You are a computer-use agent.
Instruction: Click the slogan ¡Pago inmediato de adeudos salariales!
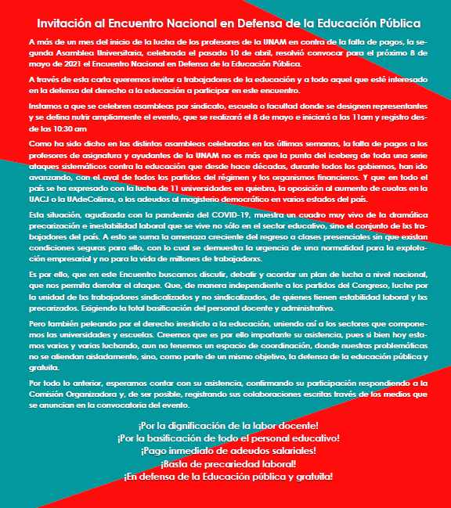point(227,451)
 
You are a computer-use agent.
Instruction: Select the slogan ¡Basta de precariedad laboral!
point(227,463)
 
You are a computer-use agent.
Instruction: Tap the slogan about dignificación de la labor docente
point(227,425)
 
